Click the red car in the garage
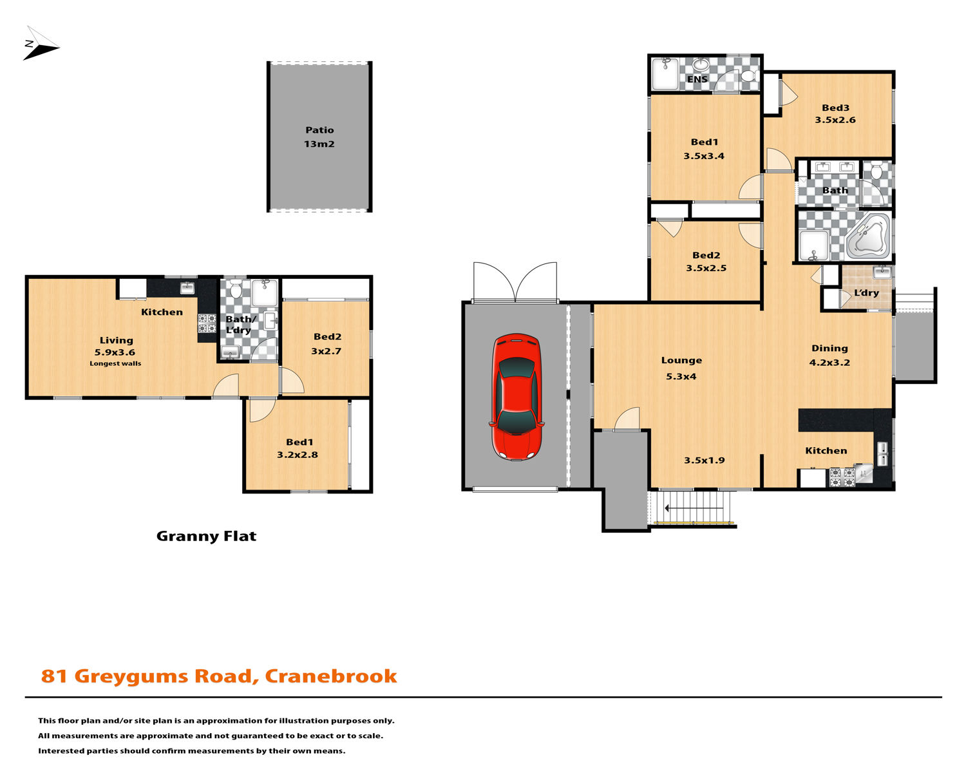coord(516,397)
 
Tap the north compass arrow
coord(41,44)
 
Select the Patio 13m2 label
coord(319,137)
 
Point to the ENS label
coord(697,79)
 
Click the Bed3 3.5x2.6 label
coord(835,113)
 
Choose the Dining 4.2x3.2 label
coord(829,356)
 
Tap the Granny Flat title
coord(206,536)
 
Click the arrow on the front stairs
coord(694,508)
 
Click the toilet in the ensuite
coord(749,75)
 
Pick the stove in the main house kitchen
coord(842,477)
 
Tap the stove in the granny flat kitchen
coord(207,323)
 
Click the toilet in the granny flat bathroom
coord(235,289)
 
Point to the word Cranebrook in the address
coord(331,676)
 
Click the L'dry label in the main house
coord(866,293)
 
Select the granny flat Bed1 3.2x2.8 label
coord(297,448)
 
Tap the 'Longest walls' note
coord(115,363)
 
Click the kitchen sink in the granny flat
coord(187,287)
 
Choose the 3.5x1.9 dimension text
coord(705,460)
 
